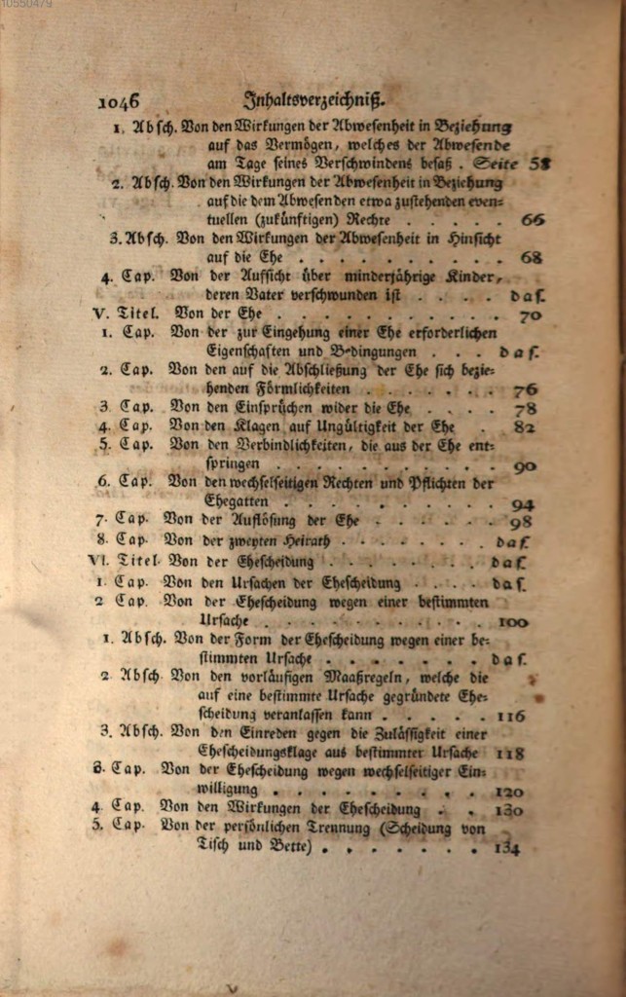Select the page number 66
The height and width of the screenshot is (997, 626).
click(x=532, y=220)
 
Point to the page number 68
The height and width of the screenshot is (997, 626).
click(x=532, y=258)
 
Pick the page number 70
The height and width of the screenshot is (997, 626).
click(x=531, y=315)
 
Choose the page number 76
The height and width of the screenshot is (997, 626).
click(x=526, y=389)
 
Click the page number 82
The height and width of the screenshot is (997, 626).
click(x=526, y=426)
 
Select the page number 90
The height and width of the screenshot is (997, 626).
click(x=526, y=466)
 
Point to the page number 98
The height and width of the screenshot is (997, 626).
click(x=522, y=522)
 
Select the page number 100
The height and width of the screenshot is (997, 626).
click(x=512, y=622)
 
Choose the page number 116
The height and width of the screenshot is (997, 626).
click(x=510, y=716)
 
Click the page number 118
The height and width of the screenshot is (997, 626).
click(x=510, y=753)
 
